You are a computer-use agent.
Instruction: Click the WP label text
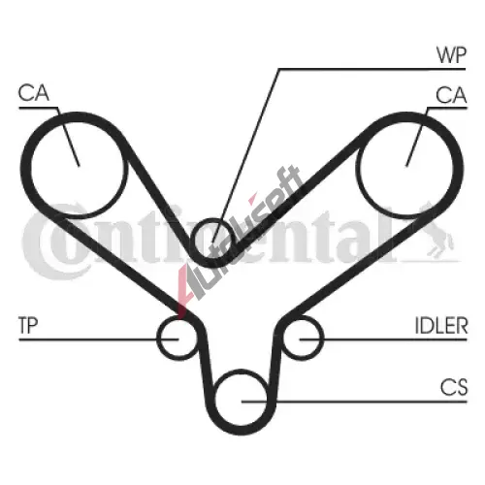pos(451,55)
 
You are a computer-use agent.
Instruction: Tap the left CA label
pos(34,93)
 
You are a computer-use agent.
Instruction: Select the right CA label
pos(451,95)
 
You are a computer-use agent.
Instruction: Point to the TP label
pos(28,325)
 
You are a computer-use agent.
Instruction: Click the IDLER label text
pos(441,325)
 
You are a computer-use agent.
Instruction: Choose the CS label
pos(454,387)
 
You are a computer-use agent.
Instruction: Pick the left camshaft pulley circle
pos(30,167)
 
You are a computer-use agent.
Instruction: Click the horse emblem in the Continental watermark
pos(439,231)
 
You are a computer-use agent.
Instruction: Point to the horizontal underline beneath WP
pos(372,69)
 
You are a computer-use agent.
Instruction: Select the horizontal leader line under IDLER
pos(383,339)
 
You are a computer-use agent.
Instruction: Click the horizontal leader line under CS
pos(355,402)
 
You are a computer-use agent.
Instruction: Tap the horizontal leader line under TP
pos(99,339)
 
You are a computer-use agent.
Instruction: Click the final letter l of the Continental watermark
pos(390,237)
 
